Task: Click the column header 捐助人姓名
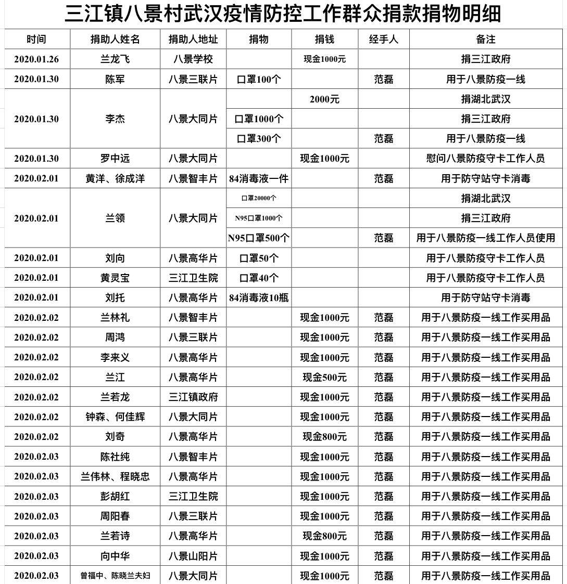[x=115, y=40]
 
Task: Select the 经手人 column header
[x=383, y=40]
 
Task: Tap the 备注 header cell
[x=485, y=40]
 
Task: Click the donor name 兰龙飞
[x=115, y=59]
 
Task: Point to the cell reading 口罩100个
[x=259, y=80]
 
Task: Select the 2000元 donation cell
[x=324, y=99]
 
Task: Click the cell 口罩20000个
[x=259, y=198]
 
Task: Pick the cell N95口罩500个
[x=259, y=238]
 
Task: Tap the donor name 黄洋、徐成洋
[x=115, y=179]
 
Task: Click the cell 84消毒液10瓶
[x=259, y=298]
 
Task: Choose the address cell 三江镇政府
[x=193, y=397]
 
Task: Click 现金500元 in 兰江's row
[x=324, y=377]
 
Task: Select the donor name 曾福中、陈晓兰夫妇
[x=115, y=576]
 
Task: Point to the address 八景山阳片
[x=193, y=556]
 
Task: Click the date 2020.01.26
[x=36, y=59]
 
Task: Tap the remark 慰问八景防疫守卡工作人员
[x=485, y=159]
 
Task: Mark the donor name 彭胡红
[x=115, y=497]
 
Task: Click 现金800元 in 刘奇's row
[x=324, y=437]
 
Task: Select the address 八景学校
[x=193, y=59]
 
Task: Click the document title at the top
[x=283, y=14]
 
